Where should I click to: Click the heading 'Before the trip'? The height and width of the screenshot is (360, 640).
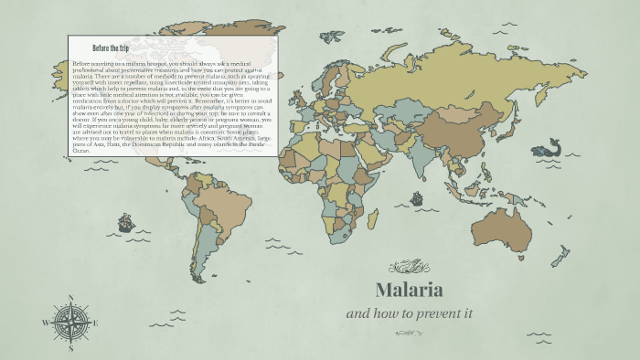click(x=112, y=47)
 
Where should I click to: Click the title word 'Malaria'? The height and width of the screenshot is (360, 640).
click(x=409, y=291)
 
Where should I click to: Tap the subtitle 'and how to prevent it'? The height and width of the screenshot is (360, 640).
click(x=408, y=313)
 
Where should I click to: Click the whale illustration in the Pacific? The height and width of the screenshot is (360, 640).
click(x=550, y=147)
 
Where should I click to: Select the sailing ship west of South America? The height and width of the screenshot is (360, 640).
click(x=125, y=222)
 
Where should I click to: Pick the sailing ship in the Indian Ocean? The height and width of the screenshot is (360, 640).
click(x=417, y=198)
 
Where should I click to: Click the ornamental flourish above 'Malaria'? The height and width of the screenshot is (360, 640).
click(x=408, y=267)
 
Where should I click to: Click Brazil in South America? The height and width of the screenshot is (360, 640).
click(x=222, y=206)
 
